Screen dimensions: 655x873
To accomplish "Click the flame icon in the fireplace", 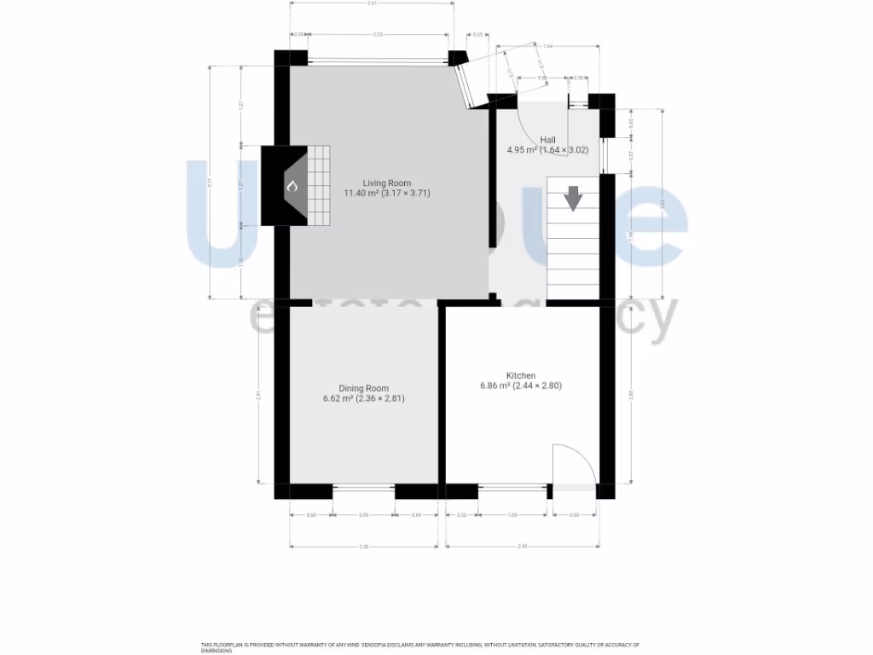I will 291,186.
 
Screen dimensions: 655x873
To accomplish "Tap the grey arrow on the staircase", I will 573,197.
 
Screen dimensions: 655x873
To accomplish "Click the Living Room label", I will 386,183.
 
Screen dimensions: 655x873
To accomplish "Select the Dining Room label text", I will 363,388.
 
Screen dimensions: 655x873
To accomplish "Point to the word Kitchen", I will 521,375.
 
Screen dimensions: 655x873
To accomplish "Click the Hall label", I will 547,140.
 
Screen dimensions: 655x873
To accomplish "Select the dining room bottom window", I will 363,489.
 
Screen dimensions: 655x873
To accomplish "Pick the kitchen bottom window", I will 512,489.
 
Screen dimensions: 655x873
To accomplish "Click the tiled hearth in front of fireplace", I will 318,185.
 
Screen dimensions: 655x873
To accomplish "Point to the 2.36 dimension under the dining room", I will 363,547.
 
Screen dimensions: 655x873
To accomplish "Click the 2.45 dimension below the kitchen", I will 521,547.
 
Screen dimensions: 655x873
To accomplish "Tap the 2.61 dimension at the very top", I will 372,4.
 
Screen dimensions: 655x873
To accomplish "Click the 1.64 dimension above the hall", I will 548,45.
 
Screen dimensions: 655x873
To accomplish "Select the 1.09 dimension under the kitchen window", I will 512,515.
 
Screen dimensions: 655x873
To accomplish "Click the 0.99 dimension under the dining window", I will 363,515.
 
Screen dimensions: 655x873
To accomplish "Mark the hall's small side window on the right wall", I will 603,155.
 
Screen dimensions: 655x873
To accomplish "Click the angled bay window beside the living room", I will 469,85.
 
